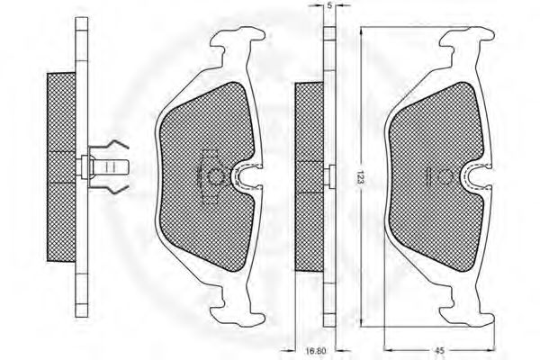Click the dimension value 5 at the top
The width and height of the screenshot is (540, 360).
[x=329, y=7]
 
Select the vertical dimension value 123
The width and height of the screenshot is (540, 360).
[x=360, y=176]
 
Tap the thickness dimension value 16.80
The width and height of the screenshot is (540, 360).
[x=315, y=351]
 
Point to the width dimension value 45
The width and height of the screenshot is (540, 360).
[x=440, y=350]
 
